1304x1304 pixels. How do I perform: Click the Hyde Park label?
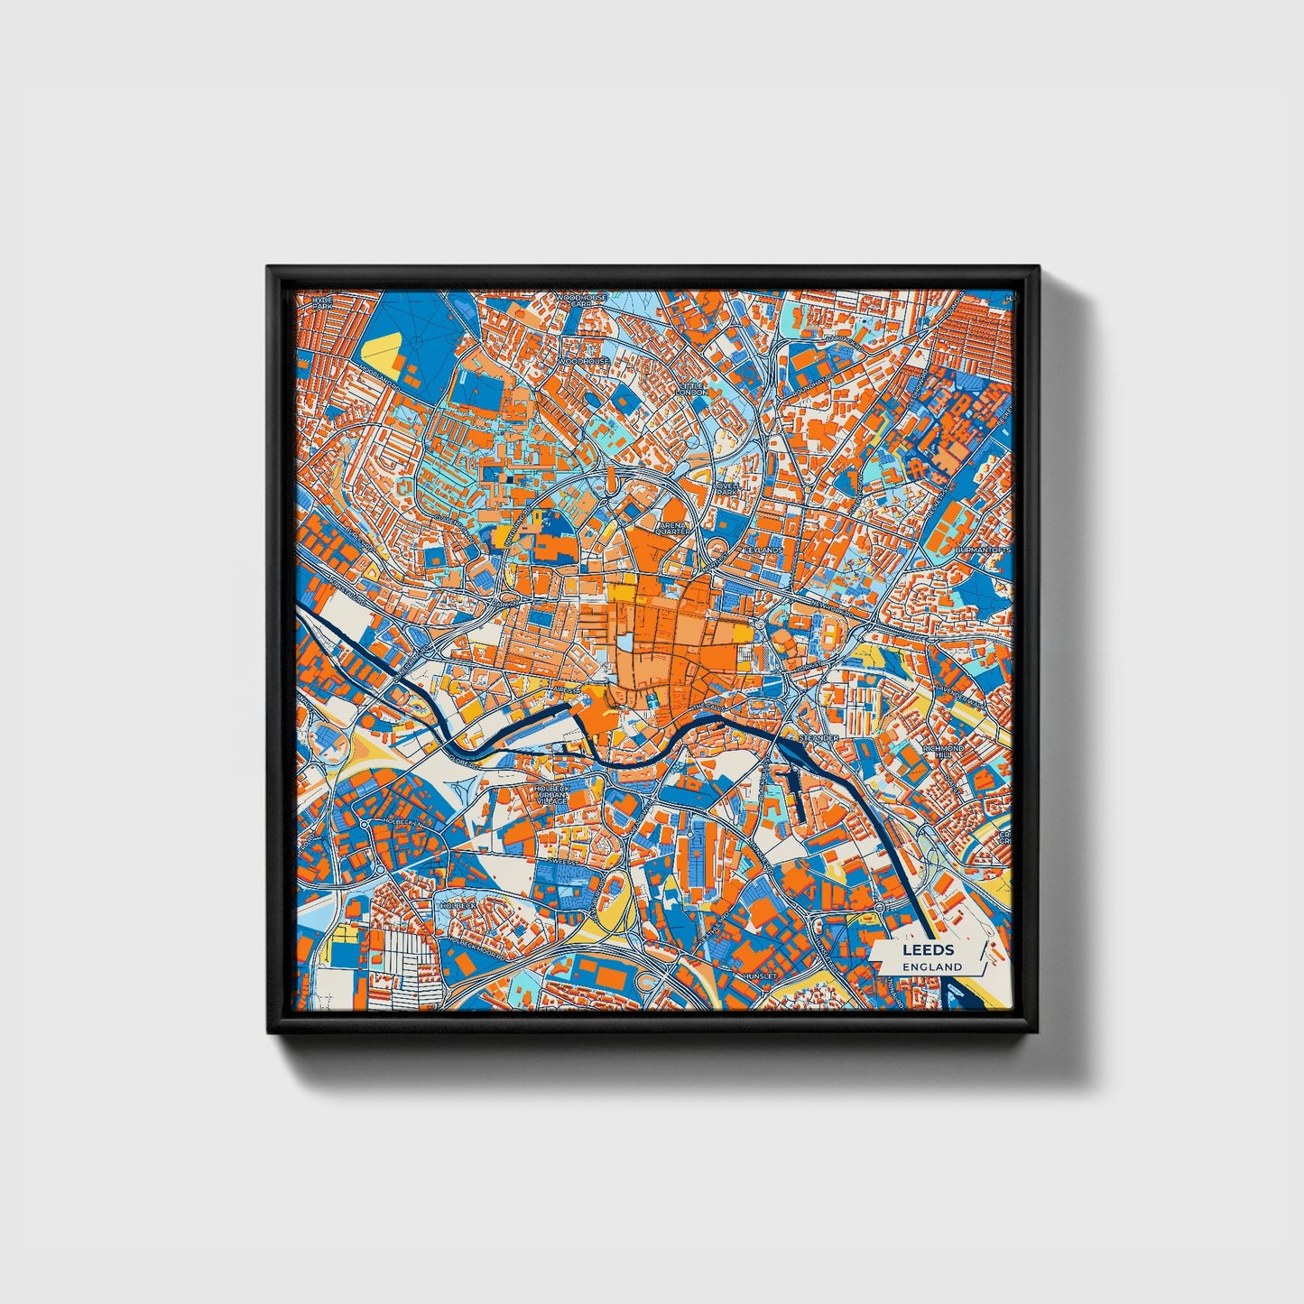[x=322, y=302]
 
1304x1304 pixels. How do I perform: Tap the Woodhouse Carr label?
[x=581, y=301]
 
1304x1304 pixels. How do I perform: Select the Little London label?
[x=693, y=389]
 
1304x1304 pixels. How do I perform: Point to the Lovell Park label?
[x=726, y=488]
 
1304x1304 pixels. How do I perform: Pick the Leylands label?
[x=763, y=549]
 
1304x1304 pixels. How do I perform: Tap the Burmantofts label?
[x=983, y=549]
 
